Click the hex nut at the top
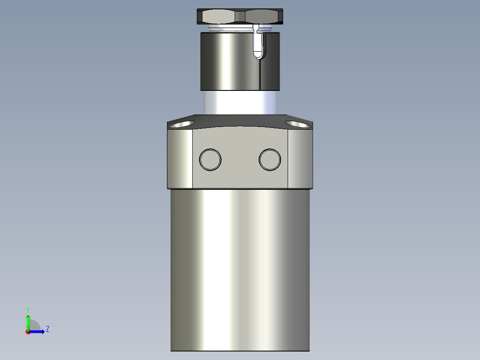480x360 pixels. [240, 16]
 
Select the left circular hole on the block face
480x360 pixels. [210, 159]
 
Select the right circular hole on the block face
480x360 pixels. [270, 159]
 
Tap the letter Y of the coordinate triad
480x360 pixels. [28, 309]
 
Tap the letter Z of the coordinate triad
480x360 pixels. [47, 330]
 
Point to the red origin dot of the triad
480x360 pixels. [28, 332]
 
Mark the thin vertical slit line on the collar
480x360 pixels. [259, 74]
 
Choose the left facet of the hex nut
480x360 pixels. [218, 17]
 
